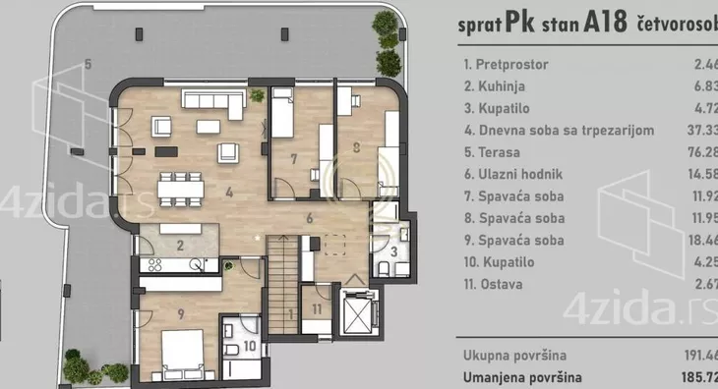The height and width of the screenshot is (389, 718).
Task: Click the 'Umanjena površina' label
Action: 521,376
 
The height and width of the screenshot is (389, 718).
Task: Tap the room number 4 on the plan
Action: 228,193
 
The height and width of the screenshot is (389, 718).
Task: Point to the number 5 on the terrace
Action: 89,65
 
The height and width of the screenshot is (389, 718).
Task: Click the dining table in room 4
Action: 184,185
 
